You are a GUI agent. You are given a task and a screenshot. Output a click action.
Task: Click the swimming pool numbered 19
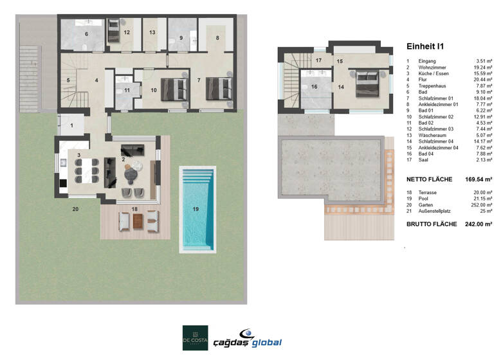click(197, 209)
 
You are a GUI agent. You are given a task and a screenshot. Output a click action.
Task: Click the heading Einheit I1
click(425, 46)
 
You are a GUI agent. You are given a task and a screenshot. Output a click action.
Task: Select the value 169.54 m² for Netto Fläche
click(479, 179)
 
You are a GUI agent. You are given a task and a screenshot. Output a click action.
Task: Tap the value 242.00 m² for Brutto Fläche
click(479, 224)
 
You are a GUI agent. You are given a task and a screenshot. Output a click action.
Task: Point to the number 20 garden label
click(75, 210)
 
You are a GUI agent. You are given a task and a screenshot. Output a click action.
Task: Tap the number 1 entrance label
click(71, 125)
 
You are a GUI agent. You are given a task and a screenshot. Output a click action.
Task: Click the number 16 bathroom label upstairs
click(315, 86)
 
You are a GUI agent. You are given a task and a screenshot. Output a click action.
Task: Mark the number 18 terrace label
click(134, 210)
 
